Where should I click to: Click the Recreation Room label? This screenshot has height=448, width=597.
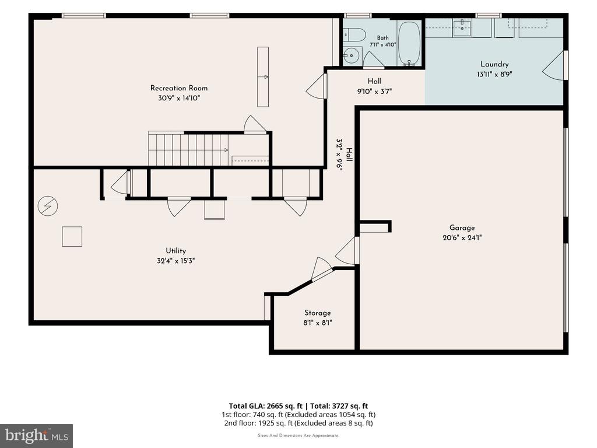click(x=179, y=88)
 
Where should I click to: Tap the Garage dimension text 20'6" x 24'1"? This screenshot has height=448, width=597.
click(x=462, y=238)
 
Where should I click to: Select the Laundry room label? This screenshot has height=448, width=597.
click(x=494, y=64)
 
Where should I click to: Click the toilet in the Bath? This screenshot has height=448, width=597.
click(x=354, y=35)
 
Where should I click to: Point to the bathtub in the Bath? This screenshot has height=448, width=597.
click(x=409, y=43)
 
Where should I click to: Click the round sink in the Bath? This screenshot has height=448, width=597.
click(x=352, y=56)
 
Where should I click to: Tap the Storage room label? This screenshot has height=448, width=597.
click(x=318, y=313)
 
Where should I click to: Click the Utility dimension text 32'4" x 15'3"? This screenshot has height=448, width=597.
click(x=176, y=261)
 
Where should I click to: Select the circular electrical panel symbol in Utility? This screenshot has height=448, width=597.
click(x=48, y=206)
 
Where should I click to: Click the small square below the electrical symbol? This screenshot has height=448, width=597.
click(x=72, y=237)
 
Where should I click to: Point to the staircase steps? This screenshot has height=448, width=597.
click(x=188, y=149)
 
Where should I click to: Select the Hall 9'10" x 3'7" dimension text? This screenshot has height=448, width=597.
click(x=375, y=92)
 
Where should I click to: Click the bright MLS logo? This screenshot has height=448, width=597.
click(x=37, y=436)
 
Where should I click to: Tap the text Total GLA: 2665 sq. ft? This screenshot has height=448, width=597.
click(x=265, y=406)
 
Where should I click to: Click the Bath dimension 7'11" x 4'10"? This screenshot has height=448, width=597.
click(x=382, y=44)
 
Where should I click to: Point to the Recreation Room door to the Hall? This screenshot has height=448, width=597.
click(x=317, y=86)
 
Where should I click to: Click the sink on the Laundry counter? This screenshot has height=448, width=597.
click(x=462, y=27)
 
